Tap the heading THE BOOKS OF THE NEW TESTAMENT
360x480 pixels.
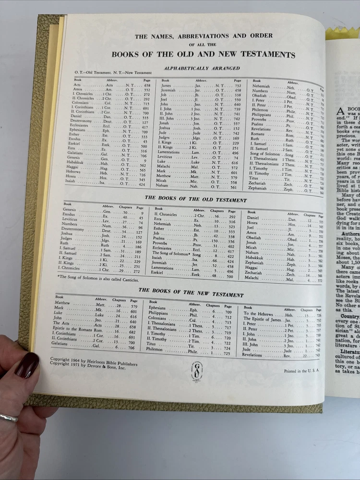coord(191,295)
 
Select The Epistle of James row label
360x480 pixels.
coord(263,319)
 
